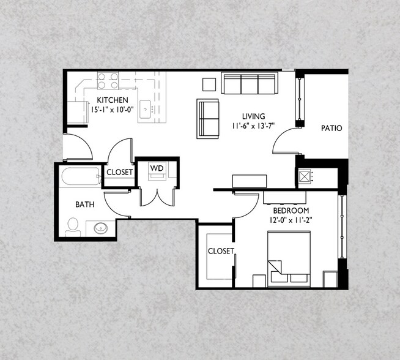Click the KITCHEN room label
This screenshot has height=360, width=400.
tap(112, 100)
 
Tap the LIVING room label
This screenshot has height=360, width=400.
tap(253, 116)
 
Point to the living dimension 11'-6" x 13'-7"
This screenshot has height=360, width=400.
tap(254, 126)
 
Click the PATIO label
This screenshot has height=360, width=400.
tap(331, 129)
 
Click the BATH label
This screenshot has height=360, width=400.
tap(84, 204)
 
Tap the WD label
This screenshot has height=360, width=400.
tap(156, 167)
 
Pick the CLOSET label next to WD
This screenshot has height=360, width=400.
tap(120, 173)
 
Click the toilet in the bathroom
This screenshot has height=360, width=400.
tap(73, 228)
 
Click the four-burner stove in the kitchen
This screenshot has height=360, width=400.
tap(108, 81)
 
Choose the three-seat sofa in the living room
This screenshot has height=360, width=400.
tap(249, 84)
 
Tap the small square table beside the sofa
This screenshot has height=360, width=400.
tap(209, 84)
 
